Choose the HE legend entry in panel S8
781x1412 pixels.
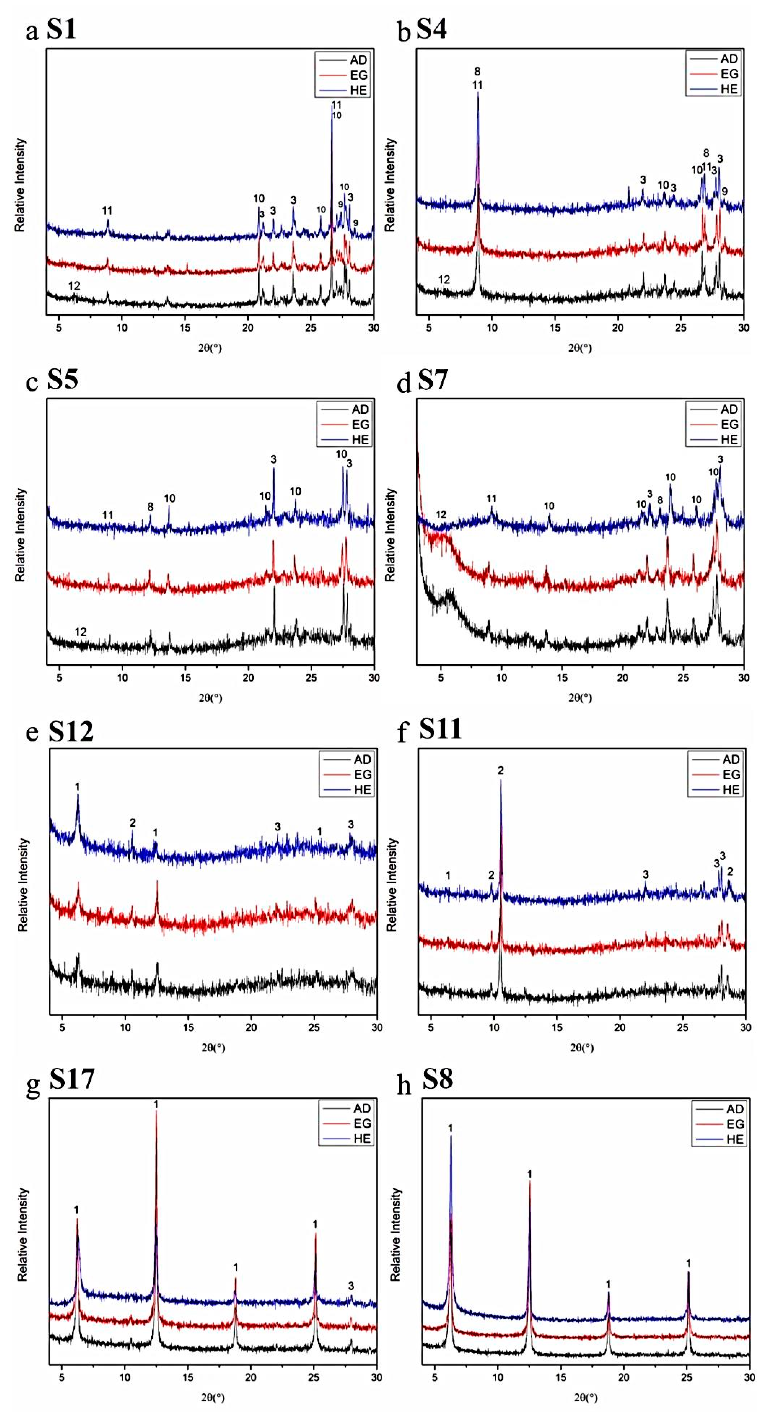(734, 1139)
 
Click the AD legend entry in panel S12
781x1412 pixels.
(362, 759)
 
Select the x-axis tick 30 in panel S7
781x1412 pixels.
(743, 678)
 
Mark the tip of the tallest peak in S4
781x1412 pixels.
(478, 93)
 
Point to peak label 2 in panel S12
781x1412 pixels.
(132, 823)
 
